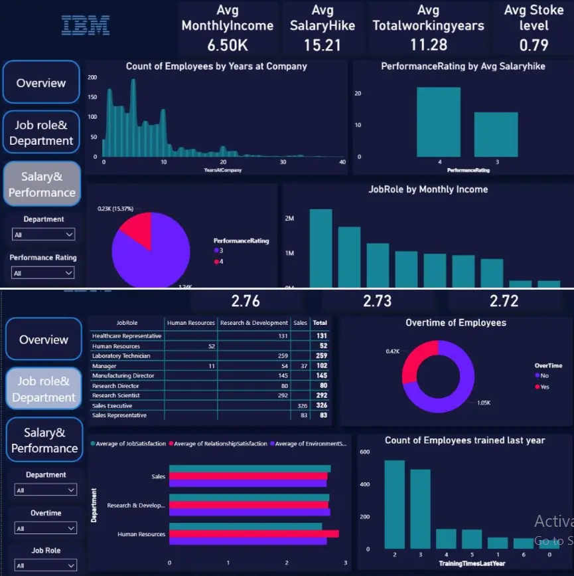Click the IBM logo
pos(86,25)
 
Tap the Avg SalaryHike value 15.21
pos(323,45)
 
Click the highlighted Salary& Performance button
pos(42,185)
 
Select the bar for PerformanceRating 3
pos(496,134)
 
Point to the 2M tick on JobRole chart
pos(290,219)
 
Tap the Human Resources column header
pos(191,323)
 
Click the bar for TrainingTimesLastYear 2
pos(394,504)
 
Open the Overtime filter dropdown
pos(45,528)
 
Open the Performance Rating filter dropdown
pos(43,273)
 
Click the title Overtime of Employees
pos(455,323)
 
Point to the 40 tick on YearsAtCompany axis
pos(342,162)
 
